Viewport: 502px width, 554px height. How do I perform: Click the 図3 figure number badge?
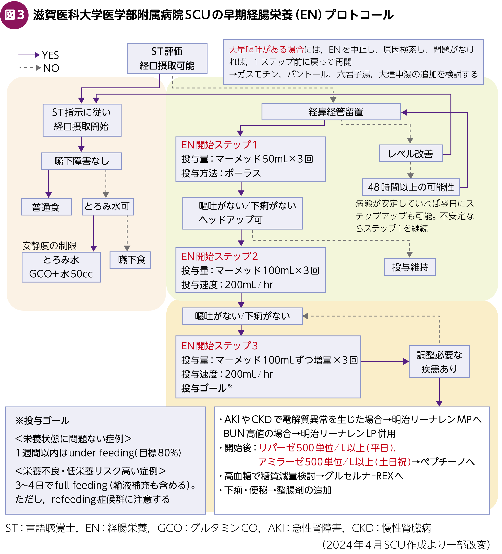pyautogui.click(x=14, y=15)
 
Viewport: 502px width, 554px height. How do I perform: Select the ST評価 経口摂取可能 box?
pyautogui.click(x=167, y=59)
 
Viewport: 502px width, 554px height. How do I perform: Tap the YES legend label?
pyautogui.click(x=50, y=55)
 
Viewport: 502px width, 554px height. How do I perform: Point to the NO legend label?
pyautogui.click(x=51, y=68)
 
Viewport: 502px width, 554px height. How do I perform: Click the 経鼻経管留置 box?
pyautogui.click(x=331, y=112)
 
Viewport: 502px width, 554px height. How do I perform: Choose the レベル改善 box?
pyautogui.click(x=411, y=153)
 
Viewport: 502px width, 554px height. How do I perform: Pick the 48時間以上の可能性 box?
pyautogui.click(x=411, y=187)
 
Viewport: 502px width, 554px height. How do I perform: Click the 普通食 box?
pyautogui.click(x=46, y=207)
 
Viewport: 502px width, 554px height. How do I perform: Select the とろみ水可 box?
pyautogui.click(x=107, y=206)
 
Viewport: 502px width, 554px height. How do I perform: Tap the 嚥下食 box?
pyautogui.click(x=130, y=260)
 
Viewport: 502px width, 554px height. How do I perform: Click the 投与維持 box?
pyautogui.click(x=410, y=267)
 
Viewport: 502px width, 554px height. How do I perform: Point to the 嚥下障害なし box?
pyautogui.click(x=81, y=161)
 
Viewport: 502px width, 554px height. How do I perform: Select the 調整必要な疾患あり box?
pyautogui.click(x=439, y=362)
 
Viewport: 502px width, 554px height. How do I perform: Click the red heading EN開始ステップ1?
pyautogui.click(x=219, y=145)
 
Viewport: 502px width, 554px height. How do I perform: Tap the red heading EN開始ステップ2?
pyautogui.click(x=219, y=256)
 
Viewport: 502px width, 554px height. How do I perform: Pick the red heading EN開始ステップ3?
pyautogui.click(x=219, y=346)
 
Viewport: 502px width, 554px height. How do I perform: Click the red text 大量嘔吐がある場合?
pyautogui.click(x=266, y=50)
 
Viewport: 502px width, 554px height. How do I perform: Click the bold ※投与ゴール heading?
pyautogui.click(x=43, y=420)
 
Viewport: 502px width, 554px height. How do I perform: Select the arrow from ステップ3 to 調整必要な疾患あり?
pyautogui.click(x=385, y=362)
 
